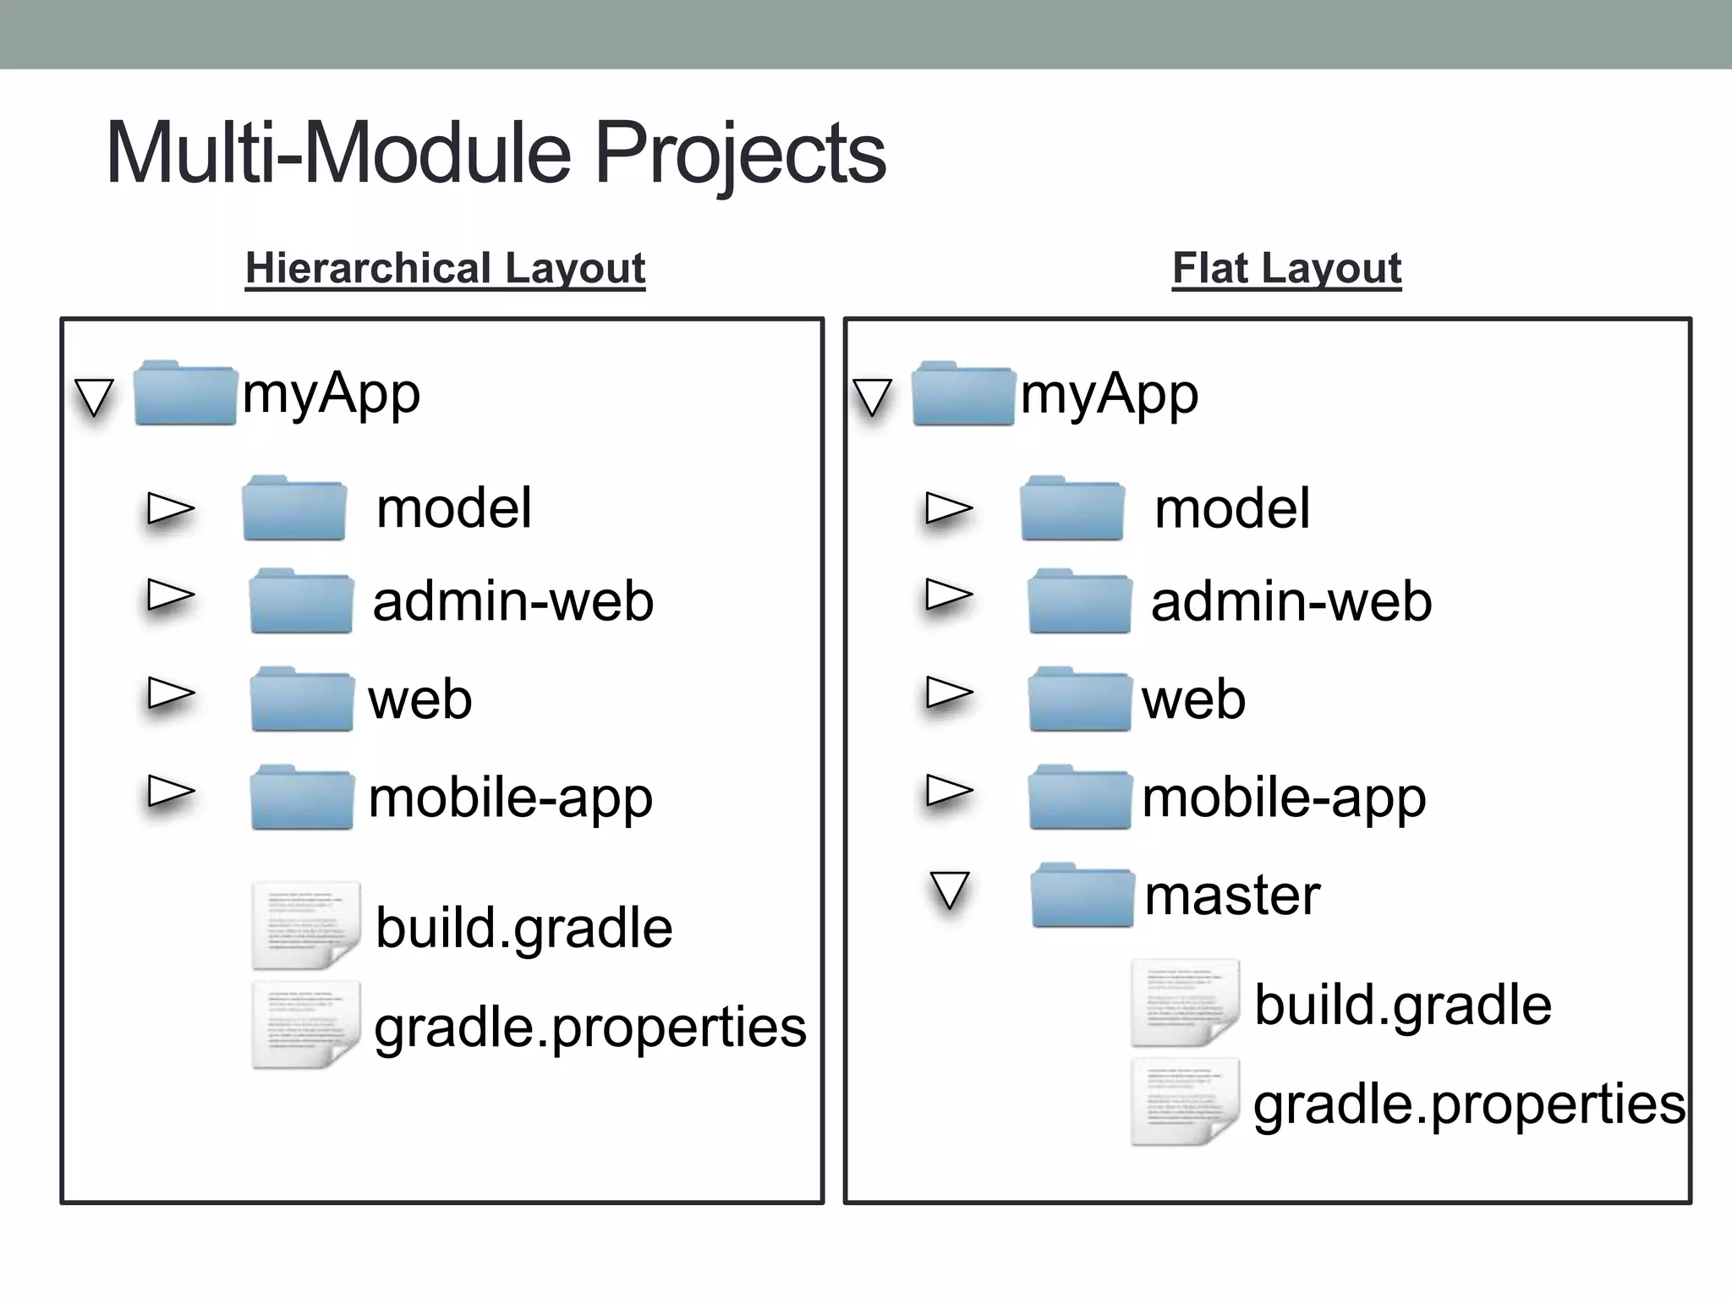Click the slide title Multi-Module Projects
tap(496, 153)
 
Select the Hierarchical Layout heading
tap(445, 268)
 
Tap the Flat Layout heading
tap(1286, 268)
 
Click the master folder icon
tap(1082, 896)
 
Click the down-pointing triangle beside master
tap(949, 890)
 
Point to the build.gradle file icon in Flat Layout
tap(1185, 1003)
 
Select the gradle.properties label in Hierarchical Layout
tap(589, 1027)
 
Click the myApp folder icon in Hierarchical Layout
tap(185, 393)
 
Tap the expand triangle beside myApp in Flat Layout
tap(872, 396)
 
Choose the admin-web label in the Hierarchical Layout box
tap(512, 601)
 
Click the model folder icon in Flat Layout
tap(1072, 508)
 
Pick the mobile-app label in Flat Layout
tap(1283, 797)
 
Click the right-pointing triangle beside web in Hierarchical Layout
tap(171, 693)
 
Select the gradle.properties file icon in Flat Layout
tap(1185, 1102)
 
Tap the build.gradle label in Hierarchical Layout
tap(523, 928)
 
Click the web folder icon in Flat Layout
tap(1080, 699)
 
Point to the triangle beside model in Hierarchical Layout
tap(171, 508)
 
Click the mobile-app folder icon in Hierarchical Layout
tap(302, 797)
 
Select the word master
tap(1231, 896)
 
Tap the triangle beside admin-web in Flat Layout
tap(949, 595)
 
